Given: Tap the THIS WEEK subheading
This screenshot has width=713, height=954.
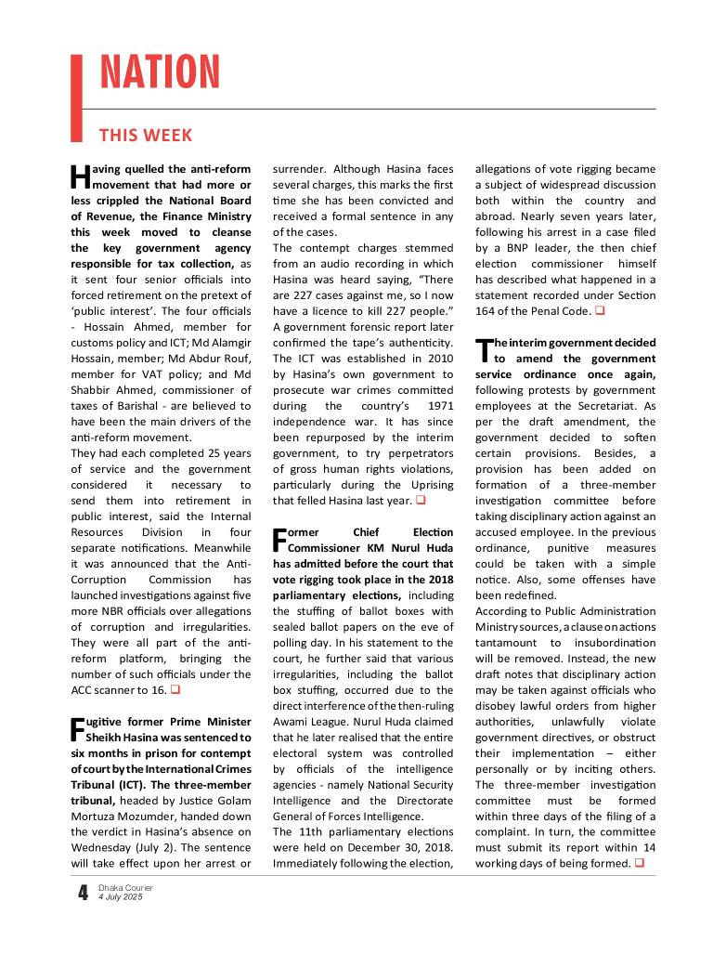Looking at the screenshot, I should click(x=146, y=136).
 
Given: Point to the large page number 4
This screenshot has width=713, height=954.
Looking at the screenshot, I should click(x=83, y=894).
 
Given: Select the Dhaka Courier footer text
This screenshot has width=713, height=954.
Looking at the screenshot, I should click(x=125, y=888).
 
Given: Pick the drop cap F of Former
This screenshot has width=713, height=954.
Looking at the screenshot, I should click(x=279, y=541).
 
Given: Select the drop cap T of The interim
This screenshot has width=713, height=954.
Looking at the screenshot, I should click(x=482, y=350).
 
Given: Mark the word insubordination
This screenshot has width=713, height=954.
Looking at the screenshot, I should click(x=610, y=643).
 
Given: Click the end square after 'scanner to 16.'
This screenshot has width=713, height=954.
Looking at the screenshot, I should click(x=175, y=690).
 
